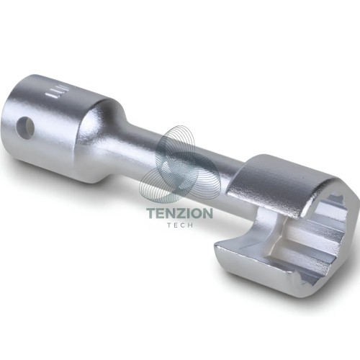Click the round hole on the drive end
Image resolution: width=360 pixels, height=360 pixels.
click(x=25, y=127)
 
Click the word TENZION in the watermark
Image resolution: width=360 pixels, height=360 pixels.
click(x=179, y=213)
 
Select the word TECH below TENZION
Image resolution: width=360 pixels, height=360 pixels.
click(x=180, y=225)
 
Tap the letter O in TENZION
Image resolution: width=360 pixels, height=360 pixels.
click(x=195, y=213)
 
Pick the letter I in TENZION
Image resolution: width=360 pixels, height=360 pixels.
click(x=186, y=213)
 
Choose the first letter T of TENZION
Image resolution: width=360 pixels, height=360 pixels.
click(x=151, y=213)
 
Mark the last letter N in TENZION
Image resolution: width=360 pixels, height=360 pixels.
click(x=207, y=213)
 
